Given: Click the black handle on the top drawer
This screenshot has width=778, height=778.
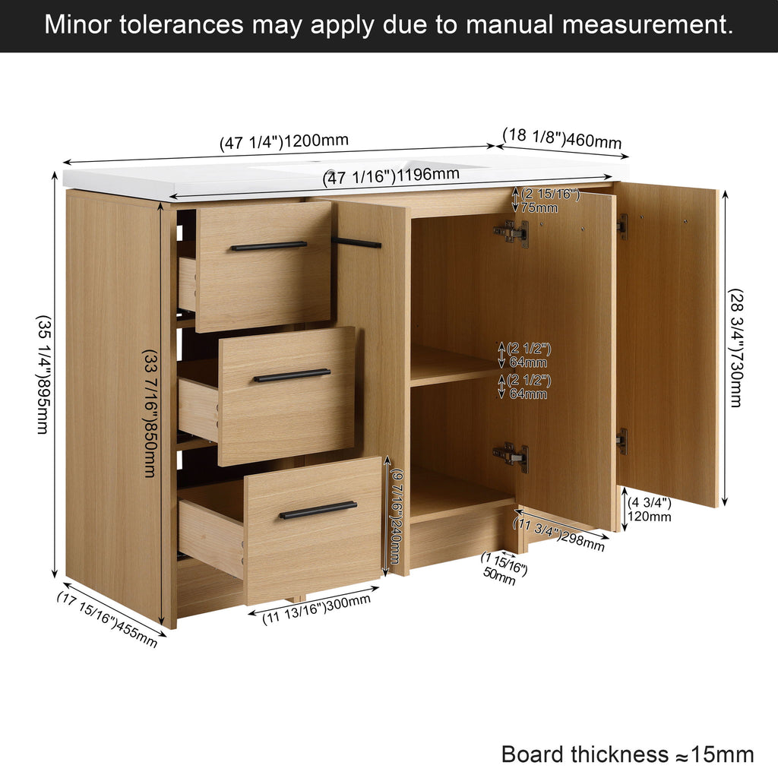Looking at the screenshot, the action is [x=268, y=245].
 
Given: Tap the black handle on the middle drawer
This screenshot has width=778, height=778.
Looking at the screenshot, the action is [x=292, y=375].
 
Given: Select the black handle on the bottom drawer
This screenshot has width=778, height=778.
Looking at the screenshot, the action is [x=318, y=510].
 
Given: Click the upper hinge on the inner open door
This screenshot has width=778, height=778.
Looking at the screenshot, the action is [x=511, y=232].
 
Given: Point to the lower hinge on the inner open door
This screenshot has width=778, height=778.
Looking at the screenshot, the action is [x=511, y=457].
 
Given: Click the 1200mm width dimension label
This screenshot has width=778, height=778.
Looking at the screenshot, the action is [x=284, y=141].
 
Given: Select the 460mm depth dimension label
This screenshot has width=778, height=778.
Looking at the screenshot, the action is [x=562, y=138].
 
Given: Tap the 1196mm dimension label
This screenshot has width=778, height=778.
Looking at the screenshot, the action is [x=391, y=176].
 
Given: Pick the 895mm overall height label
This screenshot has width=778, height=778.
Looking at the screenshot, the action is [x=43, y=375].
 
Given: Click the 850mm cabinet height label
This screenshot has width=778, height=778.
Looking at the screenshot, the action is [x=150, y=413].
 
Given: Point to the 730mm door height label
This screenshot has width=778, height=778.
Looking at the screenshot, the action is [x=735, y=348].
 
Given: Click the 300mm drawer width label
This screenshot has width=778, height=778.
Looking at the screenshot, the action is [x=316, y=609].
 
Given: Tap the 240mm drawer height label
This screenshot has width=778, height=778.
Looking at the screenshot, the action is [x=395, y=516].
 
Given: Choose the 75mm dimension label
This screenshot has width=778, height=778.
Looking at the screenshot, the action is [x=550, y=201].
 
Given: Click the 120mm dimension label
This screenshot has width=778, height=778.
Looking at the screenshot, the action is [x=650, y=510].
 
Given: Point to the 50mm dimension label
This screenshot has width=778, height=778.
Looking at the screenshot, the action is [x=503, y=568].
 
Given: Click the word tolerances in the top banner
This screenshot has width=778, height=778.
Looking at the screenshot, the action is [x=182, y=24].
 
